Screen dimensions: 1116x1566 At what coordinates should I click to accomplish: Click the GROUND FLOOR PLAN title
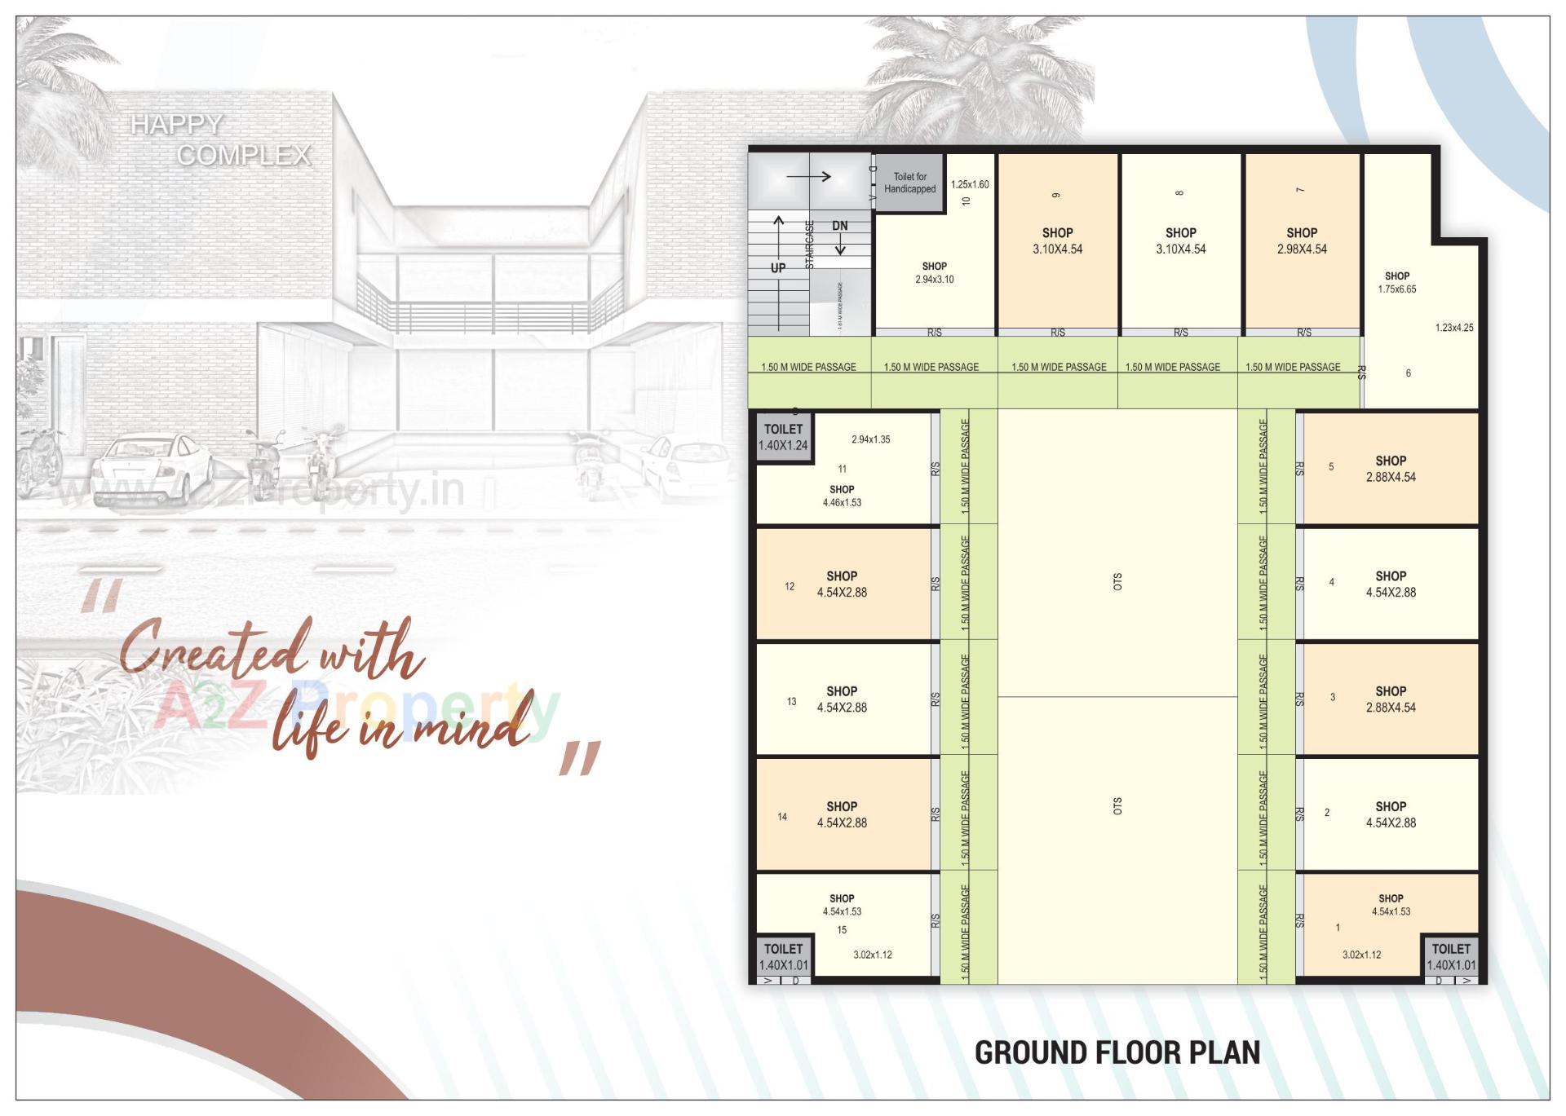[1117, 1052]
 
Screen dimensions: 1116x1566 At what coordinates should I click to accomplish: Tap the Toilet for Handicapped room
[909, 183]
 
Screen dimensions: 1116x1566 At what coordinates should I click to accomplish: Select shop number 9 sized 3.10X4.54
[1057, 241]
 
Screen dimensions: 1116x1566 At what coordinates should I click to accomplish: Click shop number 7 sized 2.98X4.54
[1302, 241]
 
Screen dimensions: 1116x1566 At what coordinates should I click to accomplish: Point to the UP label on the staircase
[778, 268]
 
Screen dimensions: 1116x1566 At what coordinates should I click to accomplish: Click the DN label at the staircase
[839, 226]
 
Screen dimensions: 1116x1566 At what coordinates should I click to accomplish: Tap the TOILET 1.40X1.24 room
[783, 437]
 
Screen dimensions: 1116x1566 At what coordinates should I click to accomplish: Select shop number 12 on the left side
[842, 584]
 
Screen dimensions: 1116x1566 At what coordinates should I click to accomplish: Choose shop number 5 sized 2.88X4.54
[1390, 469]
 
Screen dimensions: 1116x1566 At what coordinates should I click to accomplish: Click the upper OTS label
[1117, 581]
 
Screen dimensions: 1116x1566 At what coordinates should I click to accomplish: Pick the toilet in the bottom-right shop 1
[1451, 956]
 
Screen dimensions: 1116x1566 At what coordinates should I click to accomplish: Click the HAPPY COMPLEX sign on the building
[221, 139]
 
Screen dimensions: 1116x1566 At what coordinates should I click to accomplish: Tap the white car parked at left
[153, 469]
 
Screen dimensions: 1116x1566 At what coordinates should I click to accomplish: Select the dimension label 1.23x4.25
[1454, 328]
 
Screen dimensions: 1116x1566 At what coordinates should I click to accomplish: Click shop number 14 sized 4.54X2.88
[842, 814]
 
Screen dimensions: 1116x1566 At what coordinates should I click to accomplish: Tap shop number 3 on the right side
[1390, 699]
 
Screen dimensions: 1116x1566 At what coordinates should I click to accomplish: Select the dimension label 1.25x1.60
[970, 184]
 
